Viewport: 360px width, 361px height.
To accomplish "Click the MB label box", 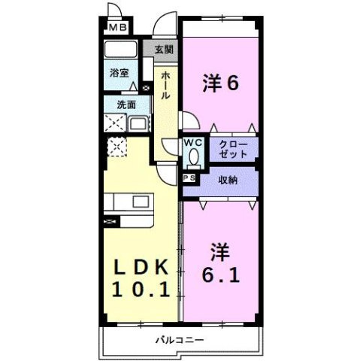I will [x=119, y=29].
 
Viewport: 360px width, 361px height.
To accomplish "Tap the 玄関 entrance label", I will [x=165, y=50].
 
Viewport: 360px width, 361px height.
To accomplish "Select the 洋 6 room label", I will [x=220, y=83].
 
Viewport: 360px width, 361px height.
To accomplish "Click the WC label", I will [x=193, y=141].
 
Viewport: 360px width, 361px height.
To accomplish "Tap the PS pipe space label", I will [x=189, y=178].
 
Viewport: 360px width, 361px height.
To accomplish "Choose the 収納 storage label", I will [x=228, y=180].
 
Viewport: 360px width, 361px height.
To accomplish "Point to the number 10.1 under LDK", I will [x=144, y=290].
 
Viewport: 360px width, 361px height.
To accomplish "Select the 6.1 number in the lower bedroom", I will [x=220, y=275].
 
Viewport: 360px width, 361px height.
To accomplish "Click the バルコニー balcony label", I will [x=180, y=339].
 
